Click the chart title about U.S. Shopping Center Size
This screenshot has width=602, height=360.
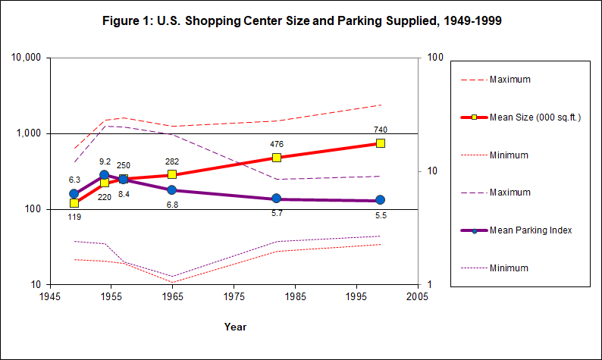pos(302,21)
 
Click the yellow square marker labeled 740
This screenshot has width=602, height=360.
pos(381,143)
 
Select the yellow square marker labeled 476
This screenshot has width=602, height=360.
pos(277,158)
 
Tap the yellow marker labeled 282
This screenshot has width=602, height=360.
pos(172,174)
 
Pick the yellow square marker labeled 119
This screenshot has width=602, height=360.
pos(74,203)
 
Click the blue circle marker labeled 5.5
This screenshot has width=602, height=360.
pos(381,200)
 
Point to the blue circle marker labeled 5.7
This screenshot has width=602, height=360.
pos(277,199)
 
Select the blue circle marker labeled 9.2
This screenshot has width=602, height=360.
pos(105,175)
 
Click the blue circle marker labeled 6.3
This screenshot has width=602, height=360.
pos(74,193)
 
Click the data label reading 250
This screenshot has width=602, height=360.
pos(123,165)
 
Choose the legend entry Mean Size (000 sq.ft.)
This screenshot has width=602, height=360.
pos(535,117)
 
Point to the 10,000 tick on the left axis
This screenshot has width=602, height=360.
pos(27,58)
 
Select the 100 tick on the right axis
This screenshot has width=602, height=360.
pos(435,58)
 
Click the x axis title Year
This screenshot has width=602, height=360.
pos(234,327)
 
